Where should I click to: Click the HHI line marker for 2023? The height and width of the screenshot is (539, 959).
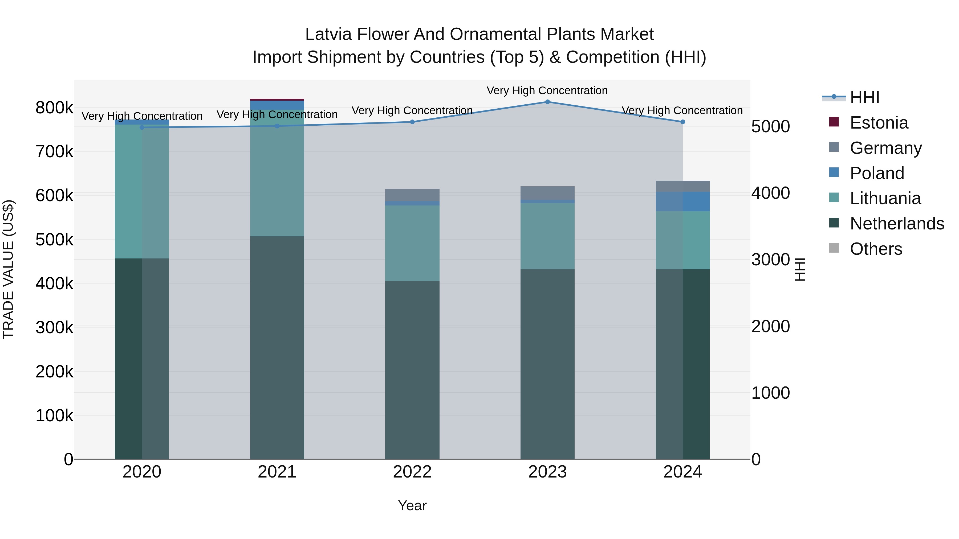pos(547,102)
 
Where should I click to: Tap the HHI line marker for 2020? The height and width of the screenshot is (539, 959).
pos(142,127)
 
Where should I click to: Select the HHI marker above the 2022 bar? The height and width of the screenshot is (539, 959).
pos(412,122)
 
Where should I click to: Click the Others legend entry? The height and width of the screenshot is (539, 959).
pos(876,249)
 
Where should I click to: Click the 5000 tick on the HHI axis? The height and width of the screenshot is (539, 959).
pos(770,126)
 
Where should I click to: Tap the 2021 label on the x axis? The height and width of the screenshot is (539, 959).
pos(277,472)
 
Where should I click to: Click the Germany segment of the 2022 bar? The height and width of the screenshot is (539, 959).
pos(412,195)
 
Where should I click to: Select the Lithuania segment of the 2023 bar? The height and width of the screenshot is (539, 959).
pos(547,236)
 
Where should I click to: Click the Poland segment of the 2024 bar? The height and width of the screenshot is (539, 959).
pos(683,201)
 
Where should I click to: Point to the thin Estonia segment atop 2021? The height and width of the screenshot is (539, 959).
pos(277,100)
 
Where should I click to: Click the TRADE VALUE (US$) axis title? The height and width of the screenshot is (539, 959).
pos(8,269)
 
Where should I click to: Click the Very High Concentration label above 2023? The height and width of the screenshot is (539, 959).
pos(547,90)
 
